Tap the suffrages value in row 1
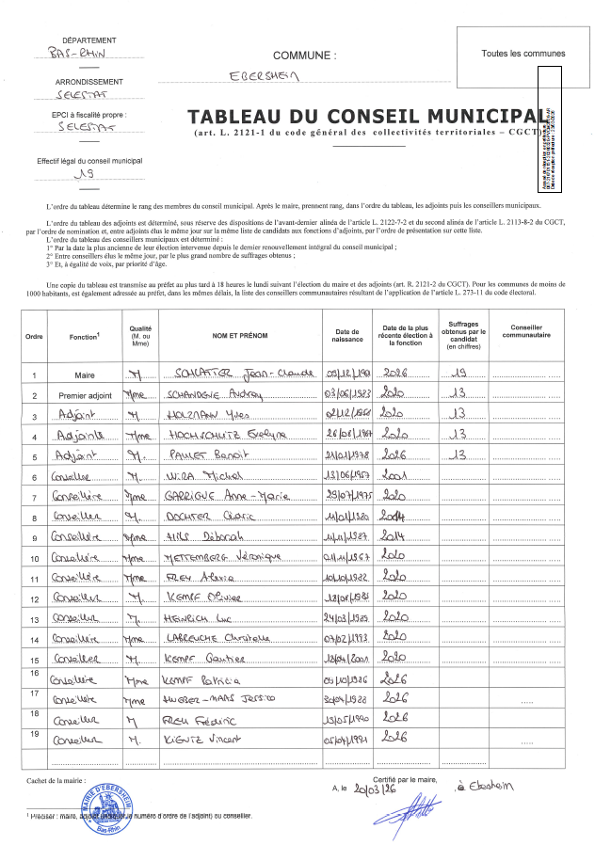pos(458,374)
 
